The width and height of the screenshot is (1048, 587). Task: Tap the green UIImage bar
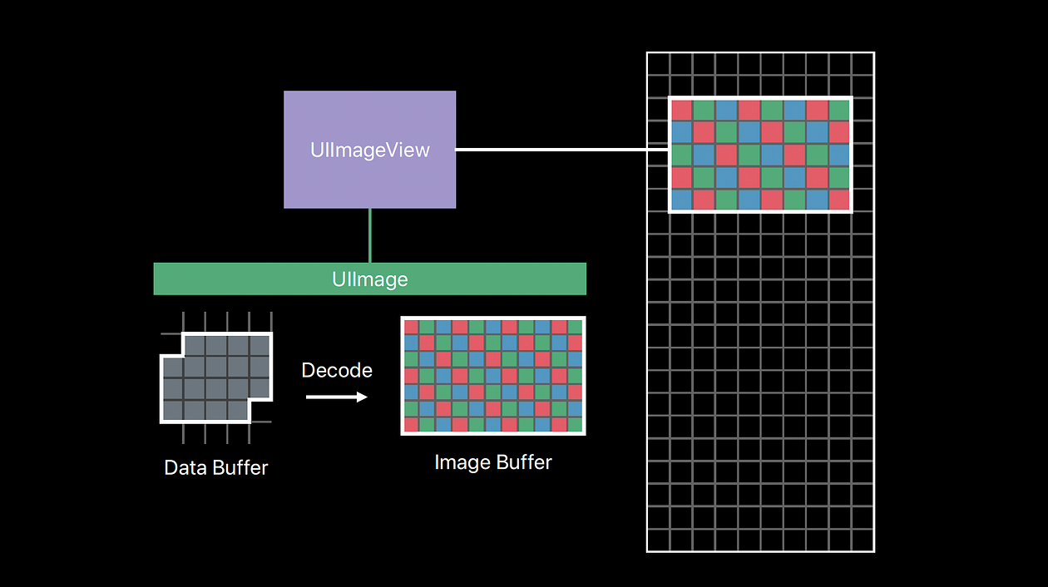[x=250, y=279]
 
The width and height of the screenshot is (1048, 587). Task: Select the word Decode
[x=337, y=370]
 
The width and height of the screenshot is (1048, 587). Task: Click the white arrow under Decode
[x=336, y=397]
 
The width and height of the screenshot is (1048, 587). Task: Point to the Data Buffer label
[x=216, y=467]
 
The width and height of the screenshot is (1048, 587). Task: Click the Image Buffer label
[x=493, y=462]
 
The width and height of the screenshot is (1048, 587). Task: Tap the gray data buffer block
[x=216, y=378]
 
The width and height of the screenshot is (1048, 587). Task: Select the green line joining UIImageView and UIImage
[x=370, y=235]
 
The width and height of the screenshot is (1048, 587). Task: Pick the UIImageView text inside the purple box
[x=370, y=150]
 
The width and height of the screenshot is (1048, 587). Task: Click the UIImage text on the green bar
[x=370, y=279]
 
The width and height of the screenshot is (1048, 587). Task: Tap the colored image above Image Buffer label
[x=493, y=375]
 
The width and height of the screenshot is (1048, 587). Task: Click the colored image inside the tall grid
[x=760, y=155]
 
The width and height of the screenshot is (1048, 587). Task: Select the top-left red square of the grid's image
[x=681, y=110]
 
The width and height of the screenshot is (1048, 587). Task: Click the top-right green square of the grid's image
[x=839, y=110]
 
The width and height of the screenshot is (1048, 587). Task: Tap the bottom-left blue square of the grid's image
[x=681, y=200]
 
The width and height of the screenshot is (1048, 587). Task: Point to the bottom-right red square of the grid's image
[x=839, y=200]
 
